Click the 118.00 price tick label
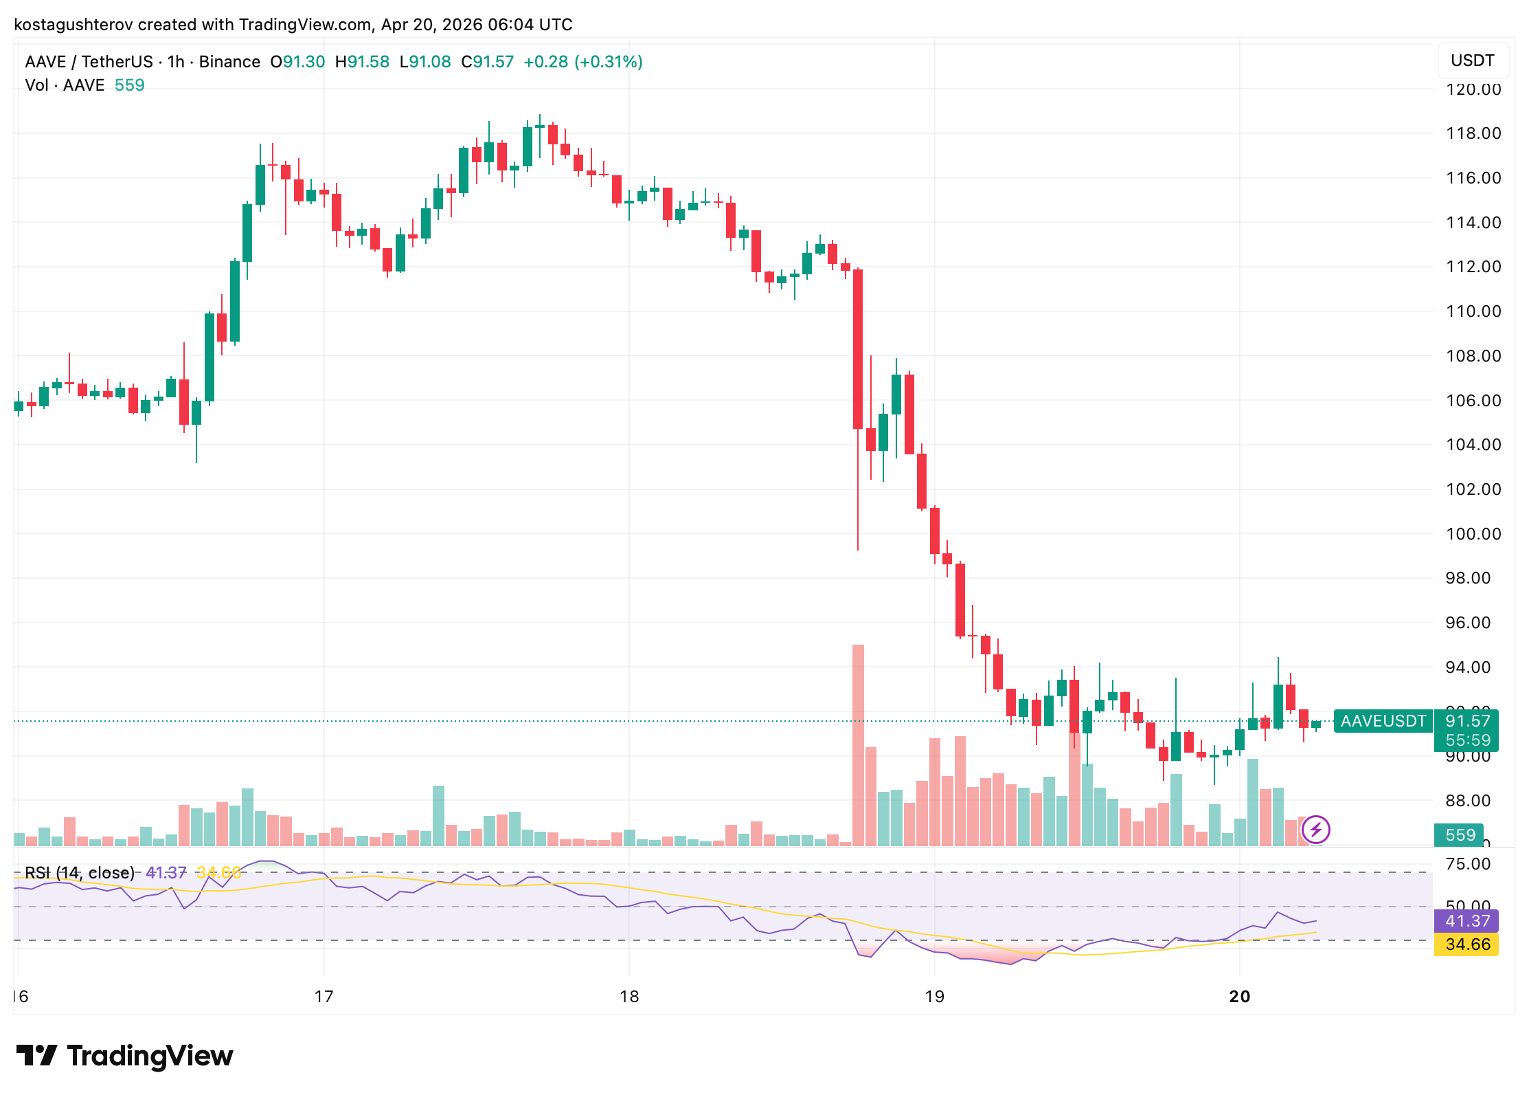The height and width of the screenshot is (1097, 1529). [1473, 133]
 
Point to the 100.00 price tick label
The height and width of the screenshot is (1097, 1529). [1473, 534]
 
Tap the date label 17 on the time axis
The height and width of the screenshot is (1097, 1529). [324, 997]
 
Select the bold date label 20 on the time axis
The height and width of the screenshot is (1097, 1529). [1239, 997]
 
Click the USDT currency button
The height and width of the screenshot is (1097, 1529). [1472, 60]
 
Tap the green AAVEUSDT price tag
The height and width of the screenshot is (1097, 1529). [1383, 721]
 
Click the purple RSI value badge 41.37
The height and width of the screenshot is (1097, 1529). [1467, 921]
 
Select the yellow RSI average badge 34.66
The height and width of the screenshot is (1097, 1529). [1467, 944]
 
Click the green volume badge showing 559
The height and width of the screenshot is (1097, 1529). [1460, 835]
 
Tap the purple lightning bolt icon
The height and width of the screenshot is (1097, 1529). [1315, 829]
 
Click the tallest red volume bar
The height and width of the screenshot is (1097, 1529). [858, 745]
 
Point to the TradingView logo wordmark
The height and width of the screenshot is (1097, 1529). [124, 1056]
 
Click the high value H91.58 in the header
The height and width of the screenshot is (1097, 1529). [362, 62]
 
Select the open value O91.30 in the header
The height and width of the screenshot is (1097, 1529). [297, 62]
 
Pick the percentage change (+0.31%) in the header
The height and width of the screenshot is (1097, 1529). [609, 62]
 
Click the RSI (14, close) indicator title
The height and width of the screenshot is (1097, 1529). [80, 873]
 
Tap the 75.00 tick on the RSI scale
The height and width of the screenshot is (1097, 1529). [1467, 864]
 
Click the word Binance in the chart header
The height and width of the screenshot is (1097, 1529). [229, 62]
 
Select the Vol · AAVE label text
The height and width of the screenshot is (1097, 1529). [65, 85]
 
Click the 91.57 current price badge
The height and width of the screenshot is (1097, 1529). [1467, 721]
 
